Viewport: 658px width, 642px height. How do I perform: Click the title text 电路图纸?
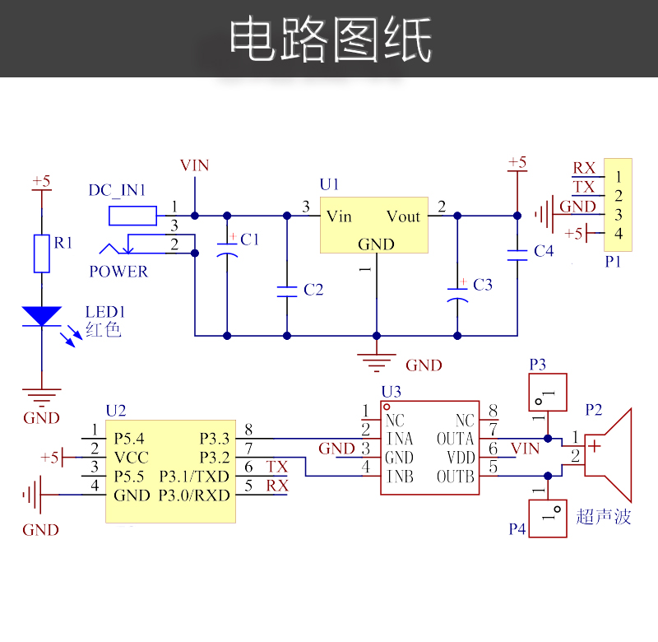tap(329, 40)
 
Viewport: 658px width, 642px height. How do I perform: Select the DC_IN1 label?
tap(117, 191)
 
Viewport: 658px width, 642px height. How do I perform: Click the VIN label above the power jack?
tap(195, 165)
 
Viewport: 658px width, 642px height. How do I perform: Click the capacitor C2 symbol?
tap(287, 290)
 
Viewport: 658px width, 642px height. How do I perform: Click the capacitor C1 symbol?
tap(226, 251)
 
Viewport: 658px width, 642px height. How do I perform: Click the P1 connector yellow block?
tap(618, 205)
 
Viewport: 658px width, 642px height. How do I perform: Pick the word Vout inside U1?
tap(403, 216)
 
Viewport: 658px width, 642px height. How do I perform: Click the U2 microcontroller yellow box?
tap(171, 471)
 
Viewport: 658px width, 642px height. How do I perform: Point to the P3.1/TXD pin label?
tap(195, 476)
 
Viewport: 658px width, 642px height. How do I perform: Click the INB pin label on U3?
tap(401, 477)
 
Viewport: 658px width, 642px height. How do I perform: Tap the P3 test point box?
tap(547, 392)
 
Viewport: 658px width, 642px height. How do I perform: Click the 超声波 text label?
tap(604, 516)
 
